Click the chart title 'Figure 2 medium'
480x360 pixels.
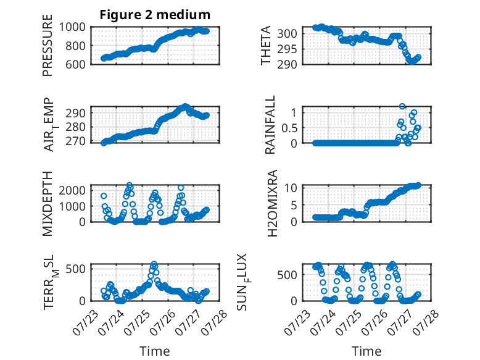pos(155,15)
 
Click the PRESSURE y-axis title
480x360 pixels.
pos(48,45)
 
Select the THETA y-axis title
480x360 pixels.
pos(266,45)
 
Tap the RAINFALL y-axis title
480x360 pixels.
pos(270,124)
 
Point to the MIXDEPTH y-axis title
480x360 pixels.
pos(48,203)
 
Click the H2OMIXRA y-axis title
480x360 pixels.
pos(272,203)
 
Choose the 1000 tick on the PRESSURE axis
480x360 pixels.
pos(72,27)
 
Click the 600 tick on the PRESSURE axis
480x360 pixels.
pos(75,64)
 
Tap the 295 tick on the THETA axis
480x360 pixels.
pos(287,49)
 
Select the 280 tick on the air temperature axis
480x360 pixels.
pos(75,127)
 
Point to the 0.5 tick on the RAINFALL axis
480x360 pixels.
pos(289,128)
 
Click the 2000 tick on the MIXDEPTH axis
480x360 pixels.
pos(72,190)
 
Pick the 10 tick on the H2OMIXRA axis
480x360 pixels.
pos(291,188)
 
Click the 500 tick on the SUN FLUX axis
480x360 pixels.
pos(287,275)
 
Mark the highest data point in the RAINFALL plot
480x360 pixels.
pos(402,106)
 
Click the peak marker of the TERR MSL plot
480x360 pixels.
pos(154,264)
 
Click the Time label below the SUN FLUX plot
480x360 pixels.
pos(366,351)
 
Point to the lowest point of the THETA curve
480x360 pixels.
pos(412,62)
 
